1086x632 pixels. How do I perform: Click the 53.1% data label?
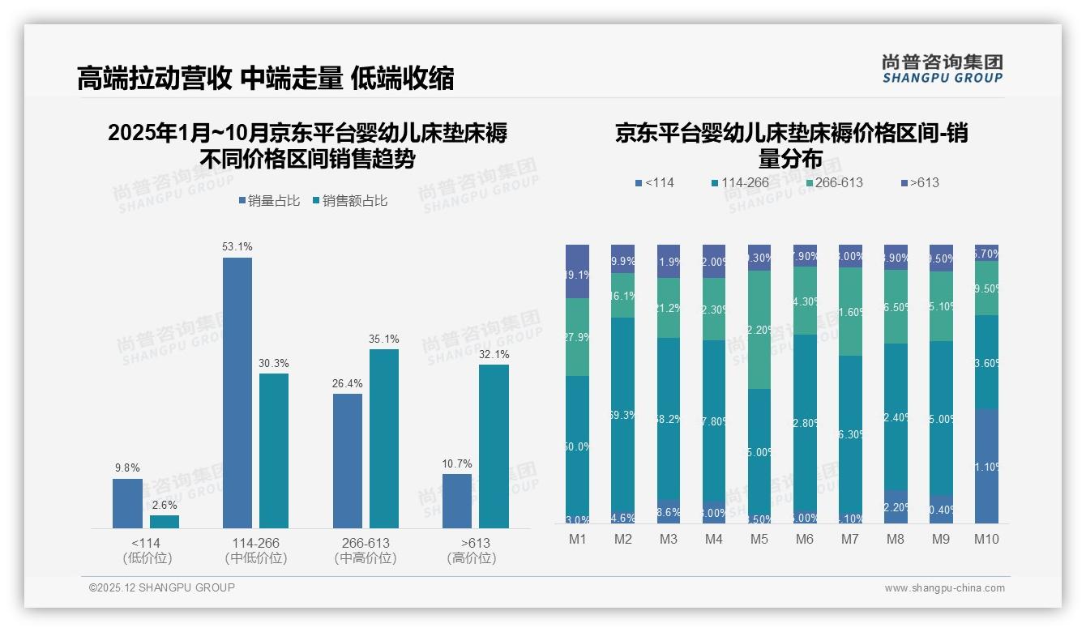pyautogui.click(x=237, y=246)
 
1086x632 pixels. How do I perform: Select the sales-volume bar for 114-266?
pyautogui.click(x=237, y=393)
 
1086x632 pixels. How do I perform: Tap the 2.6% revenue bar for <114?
pyautogui.click(x=165, y=522)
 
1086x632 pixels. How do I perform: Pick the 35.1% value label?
pyautogui.click(x=384, y=339)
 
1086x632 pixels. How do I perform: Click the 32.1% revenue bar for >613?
pyautogui.click(x=494, y=446)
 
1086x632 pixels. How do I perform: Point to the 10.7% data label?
pyautogui.click(x=457, y=463)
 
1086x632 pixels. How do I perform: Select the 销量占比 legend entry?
pyautogui.click(x=267, y=201)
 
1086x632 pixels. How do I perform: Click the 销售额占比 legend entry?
pyautogui.click(x=349, y=201)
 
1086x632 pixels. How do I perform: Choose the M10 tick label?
pyautogui.click(x=986, y=539)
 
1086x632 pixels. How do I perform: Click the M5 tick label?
pyautogui.click(x=759, y=539)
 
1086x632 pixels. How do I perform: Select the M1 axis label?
pyautogui.click(x=577, y=539)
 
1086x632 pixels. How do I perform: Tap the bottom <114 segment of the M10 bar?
pyautogui.click(x=986, y=466)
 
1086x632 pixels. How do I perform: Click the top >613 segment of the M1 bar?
pyautogui.click(x=577, y=271)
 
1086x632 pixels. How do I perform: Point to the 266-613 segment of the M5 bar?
pyautogui.click(x=759, y=330)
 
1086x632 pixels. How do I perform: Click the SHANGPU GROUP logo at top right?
pyautogui.click(x=943, y=68)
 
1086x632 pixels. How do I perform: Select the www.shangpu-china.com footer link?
pyautogui.click(x=944, y=588)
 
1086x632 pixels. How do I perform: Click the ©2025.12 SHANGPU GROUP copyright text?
pyautogui.click(x=162, y=587)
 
